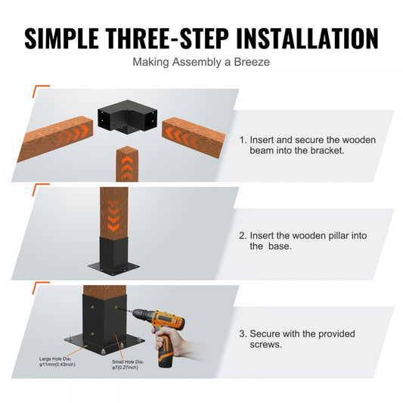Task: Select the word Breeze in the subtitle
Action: tap(250, 62)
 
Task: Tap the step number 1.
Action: tap(242, 140)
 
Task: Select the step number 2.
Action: tap(242, 236)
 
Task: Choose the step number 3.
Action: tap(242, 333)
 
